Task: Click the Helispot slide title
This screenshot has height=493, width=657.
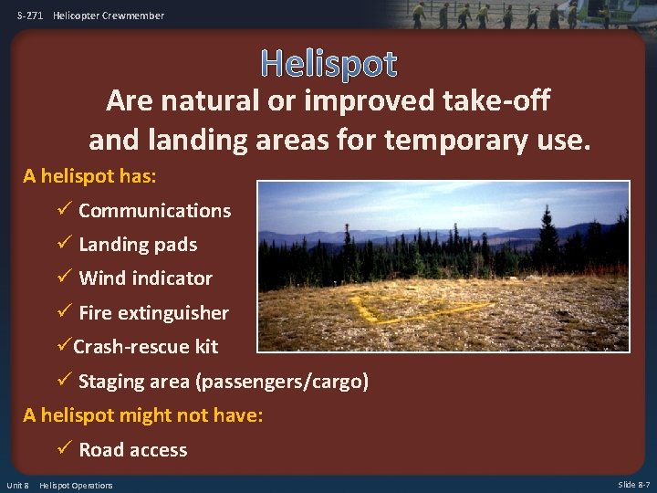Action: [328, 63]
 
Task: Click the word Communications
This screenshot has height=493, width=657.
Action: [154, 211]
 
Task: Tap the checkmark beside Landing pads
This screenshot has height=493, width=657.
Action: [63, 244]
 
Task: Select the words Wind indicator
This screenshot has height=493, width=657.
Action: [145, 278]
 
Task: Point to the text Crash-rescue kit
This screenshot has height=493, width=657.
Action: [145, 347]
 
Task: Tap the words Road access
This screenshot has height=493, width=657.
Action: [132, 450]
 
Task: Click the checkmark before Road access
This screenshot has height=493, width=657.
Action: [63, 449]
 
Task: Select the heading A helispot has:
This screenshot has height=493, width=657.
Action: [89, 176]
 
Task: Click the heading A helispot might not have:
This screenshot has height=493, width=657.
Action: [143, 415]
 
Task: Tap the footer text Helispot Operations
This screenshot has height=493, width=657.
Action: [76, 485]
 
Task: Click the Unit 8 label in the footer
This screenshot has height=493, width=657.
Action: [18, 485]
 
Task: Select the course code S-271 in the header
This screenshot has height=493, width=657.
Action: [31, 16]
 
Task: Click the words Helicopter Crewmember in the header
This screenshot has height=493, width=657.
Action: [109, 16]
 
